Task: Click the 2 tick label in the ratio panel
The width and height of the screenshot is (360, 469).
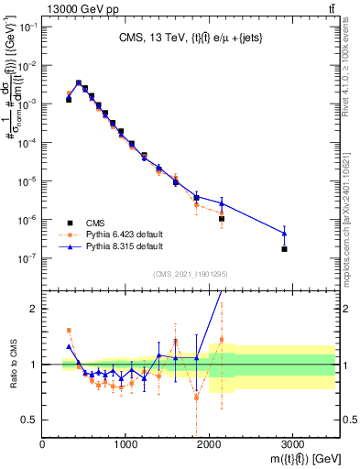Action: click(35, 309)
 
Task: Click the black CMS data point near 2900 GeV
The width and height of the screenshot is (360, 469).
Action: click(284, 249)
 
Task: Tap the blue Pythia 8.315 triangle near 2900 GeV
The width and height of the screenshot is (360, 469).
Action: click(284, 234)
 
